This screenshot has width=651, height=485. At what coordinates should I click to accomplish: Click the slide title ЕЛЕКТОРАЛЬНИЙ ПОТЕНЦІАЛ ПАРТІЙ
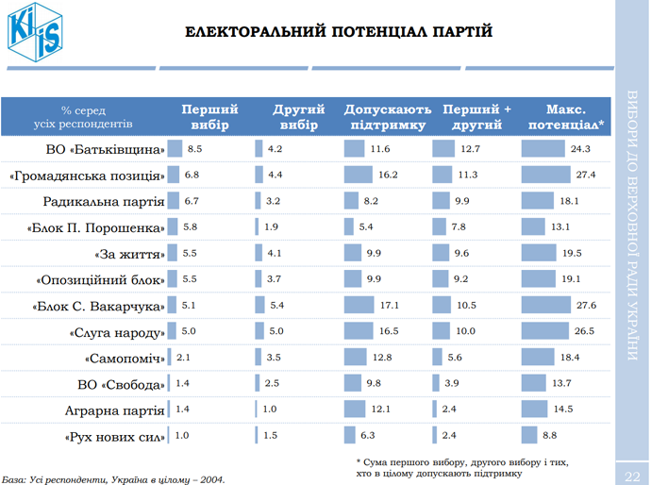pyautogui.click(x=339, y=32)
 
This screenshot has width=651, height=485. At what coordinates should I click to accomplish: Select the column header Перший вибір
pyautogui.click(x=209, y=116)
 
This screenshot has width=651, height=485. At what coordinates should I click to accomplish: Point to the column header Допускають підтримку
pyautogui.click(x=388, y=116)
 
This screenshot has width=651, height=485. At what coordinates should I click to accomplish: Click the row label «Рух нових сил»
pyautogui.click(x=115, y=437)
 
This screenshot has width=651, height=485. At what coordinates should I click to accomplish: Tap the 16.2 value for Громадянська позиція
pyautogui.click(x=388, y=176)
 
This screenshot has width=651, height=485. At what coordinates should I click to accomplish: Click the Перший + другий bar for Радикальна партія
pyautogui.click(x=442, y=201)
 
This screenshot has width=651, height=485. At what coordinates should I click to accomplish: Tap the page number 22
pyautogui.click(x=632, y=472)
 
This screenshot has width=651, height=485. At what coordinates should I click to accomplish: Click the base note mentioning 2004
pyautogui.click(x=113, y=478)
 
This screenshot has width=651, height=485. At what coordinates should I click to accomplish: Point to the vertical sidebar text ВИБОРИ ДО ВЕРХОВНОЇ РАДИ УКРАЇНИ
pyautogui.click(x=632, y=226)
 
